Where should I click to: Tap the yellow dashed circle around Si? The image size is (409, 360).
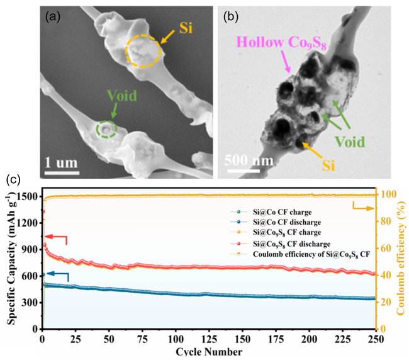click(145, 50)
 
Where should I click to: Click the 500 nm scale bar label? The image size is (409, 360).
click(250, 160)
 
